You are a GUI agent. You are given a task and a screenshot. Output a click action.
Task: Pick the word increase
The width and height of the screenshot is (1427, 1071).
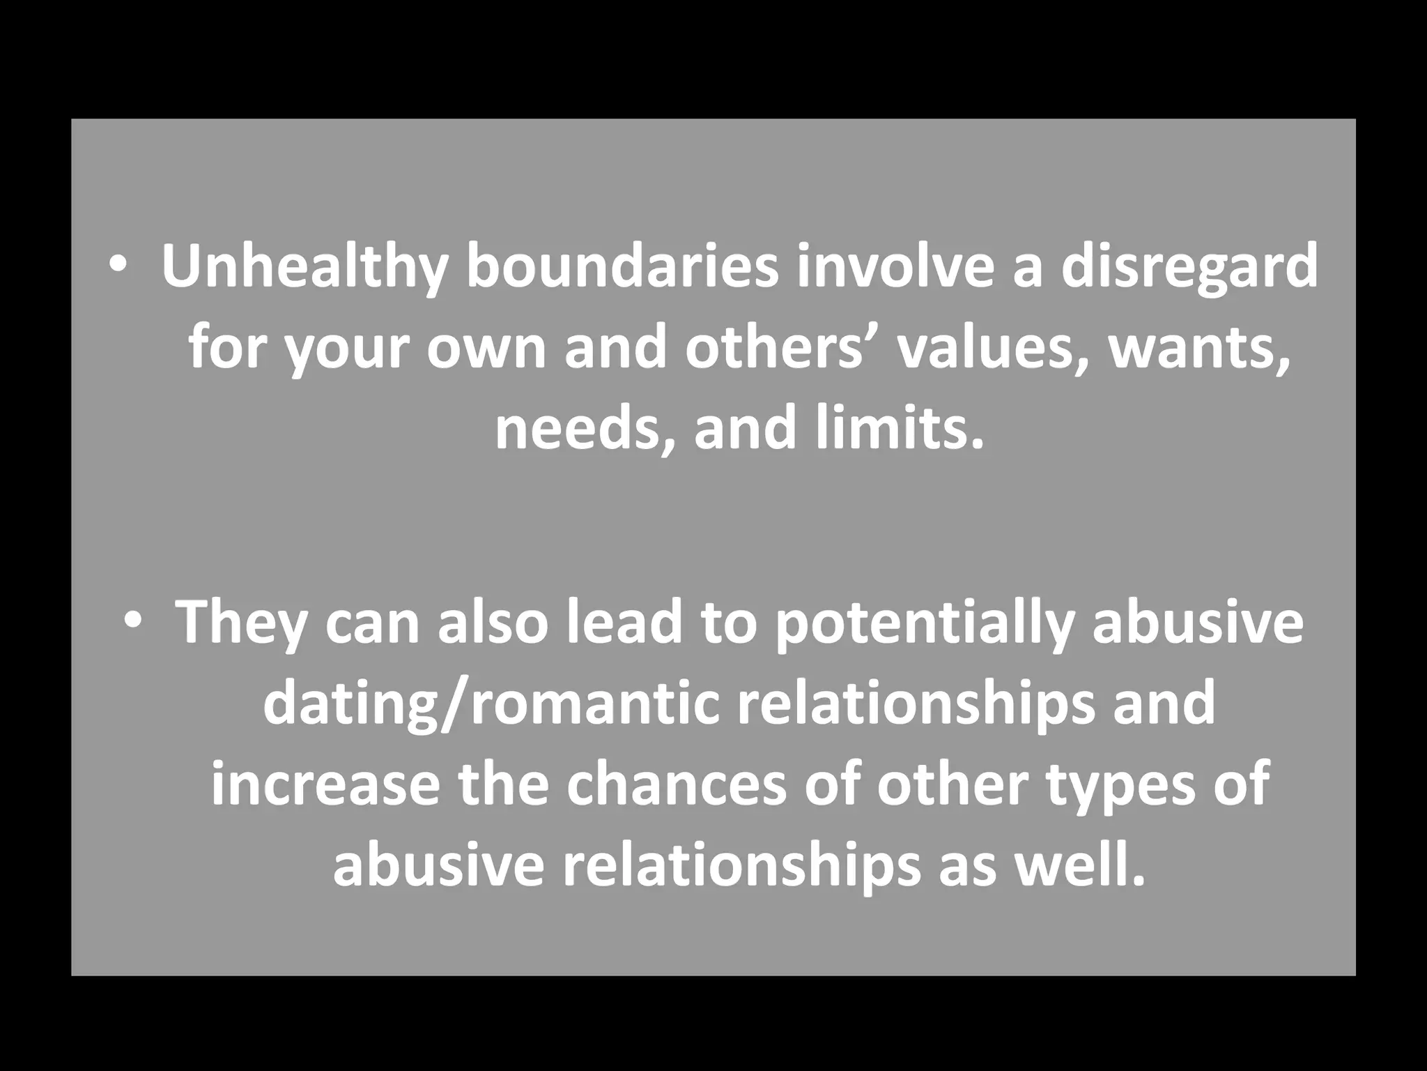(x=325, y=784)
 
